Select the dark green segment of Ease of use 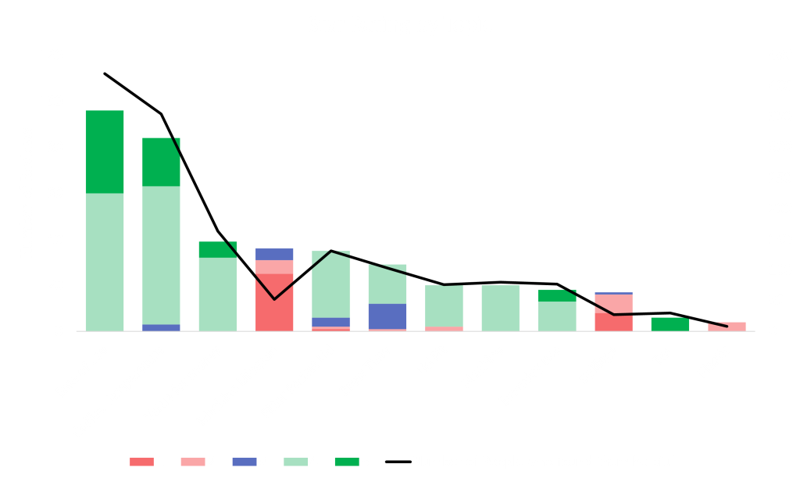click(105, 152)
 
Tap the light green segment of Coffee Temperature click(162, 255)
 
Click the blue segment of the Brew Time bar click(388, 316)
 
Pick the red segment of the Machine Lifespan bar click(274, 302)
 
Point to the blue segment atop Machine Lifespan click(274, 253)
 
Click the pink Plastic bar click(727, 327)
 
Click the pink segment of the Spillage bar click(614, 304)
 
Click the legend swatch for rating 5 click(345, 462)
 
